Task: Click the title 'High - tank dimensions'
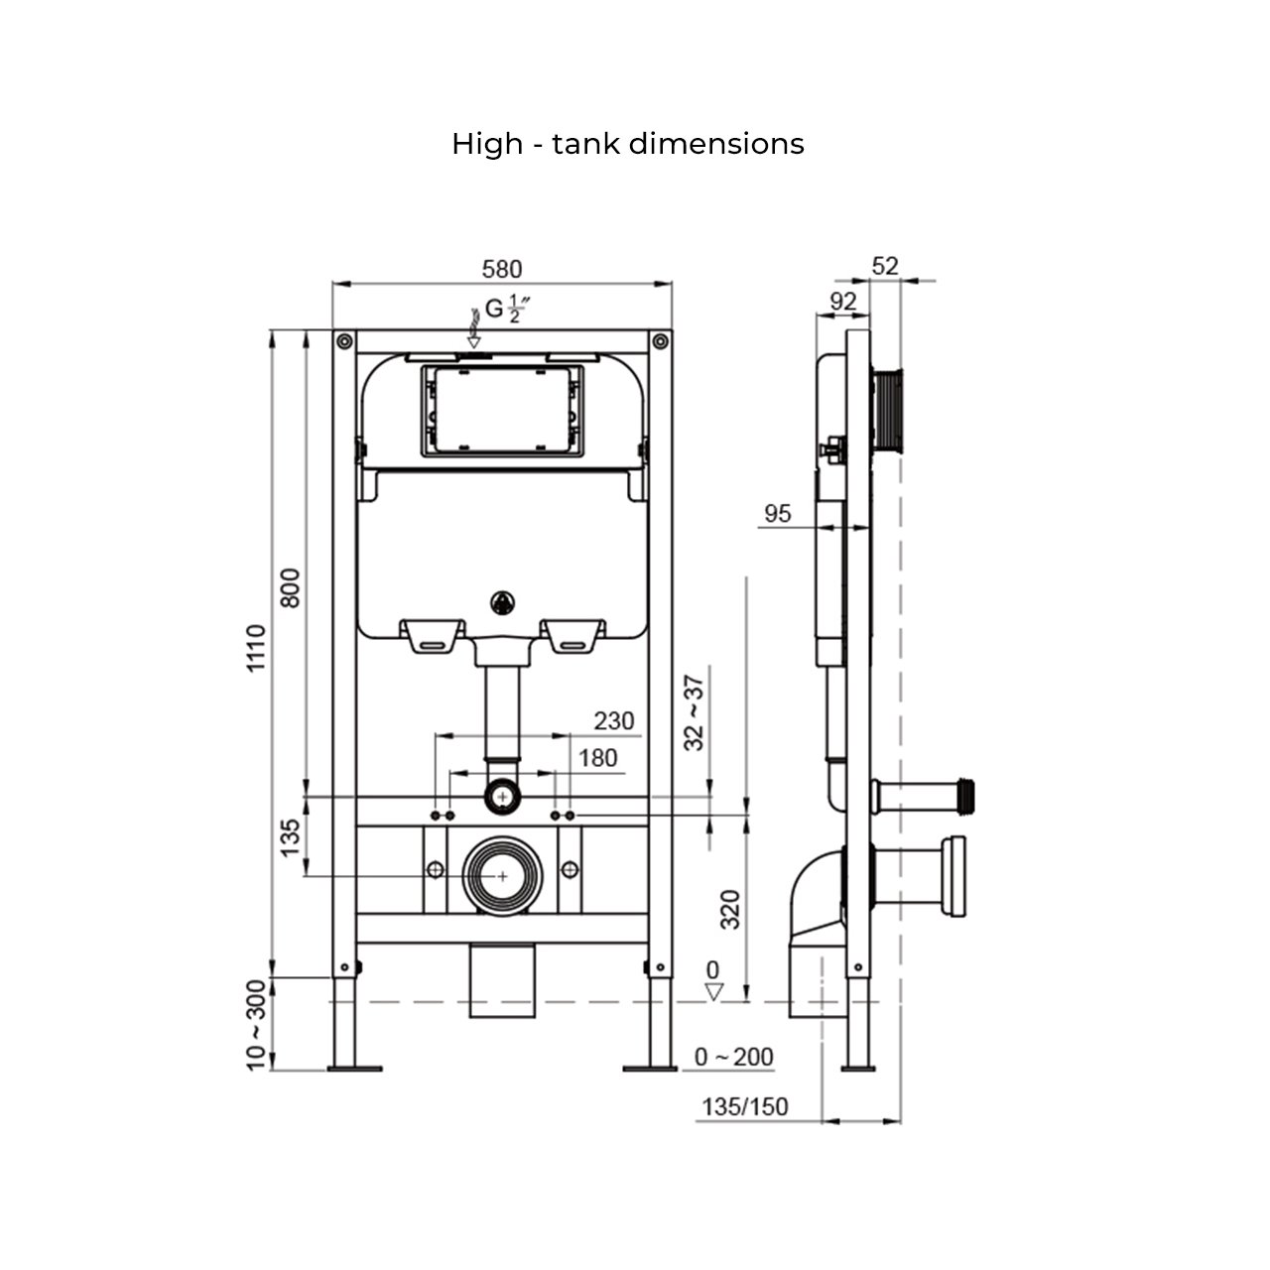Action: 627,144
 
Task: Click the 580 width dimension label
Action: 501,269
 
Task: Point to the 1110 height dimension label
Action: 257,650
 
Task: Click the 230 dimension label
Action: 613,720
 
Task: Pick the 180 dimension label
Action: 597,758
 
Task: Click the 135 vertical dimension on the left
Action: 290,837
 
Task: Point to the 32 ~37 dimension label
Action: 695,711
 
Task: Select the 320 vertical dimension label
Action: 730,909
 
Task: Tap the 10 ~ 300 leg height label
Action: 257,1025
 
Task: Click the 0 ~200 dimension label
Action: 733,1057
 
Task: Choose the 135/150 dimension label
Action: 745,1106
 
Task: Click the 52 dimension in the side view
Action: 884,266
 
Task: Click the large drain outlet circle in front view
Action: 503,875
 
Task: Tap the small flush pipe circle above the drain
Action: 503,796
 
